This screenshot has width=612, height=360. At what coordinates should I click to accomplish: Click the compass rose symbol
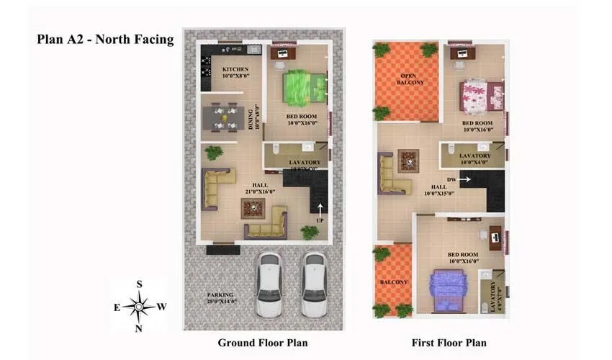click(138, 307)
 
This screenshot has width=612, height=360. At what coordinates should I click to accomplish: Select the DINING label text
click(252, 118)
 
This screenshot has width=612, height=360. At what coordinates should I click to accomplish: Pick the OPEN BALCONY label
click(410, 78)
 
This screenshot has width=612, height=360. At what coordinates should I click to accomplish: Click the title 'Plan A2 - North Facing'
click(105, 40)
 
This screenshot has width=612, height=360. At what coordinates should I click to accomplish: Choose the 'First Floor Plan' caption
click(449, 342)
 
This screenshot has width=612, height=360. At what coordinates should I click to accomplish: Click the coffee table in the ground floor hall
click(253, 209)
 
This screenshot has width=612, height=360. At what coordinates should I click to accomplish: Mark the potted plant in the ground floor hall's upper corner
click(213, 153)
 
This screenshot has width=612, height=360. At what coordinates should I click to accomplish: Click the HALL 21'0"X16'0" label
click(261, 189)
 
